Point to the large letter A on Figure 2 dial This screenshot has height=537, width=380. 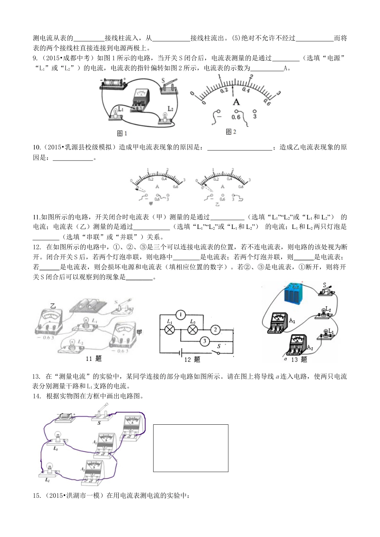pyautogui.click(x=236, y=102)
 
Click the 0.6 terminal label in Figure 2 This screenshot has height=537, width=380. pyautogui.click(x=236, y=117)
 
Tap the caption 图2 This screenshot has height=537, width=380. pyautogui.click(x=231, y=131)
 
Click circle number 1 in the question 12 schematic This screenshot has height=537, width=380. pyautogui.click(x=180, y=315)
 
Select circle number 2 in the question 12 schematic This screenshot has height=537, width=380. pyautogui.click(x=215, y=330)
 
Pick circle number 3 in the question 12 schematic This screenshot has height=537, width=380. pyautogui.click(x=205, y=341)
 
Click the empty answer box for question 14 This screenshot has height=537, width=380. pyautogui.click(x=190, y=448)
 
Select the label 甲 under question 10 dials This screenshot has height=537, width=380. pyautogui.click(x=151, y=204)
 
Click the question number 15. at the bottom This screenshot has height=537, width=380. pyautogui.click(x=37, y=496)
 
